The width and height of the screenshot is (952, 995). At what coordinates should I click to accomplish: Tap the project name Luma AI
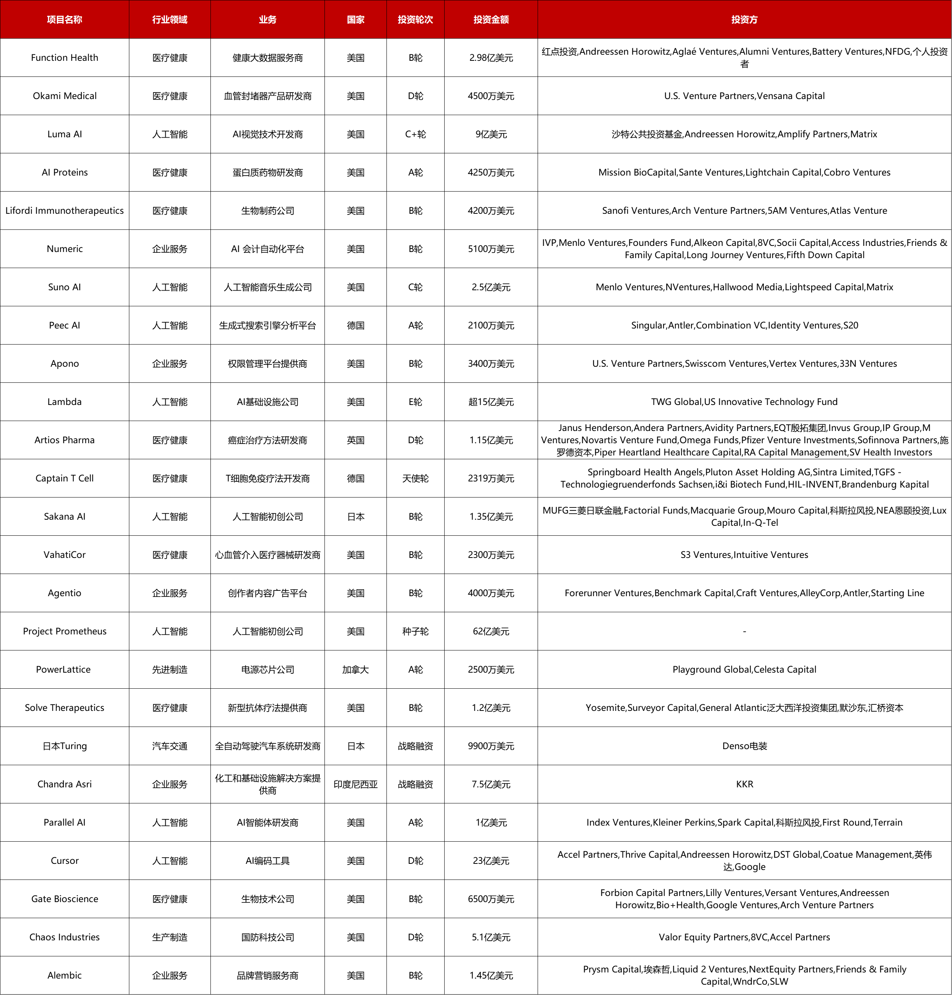click(x=64, y=134)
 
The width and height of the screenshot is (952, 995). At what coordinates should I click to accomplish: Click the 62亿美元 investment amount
click(x=491, y=631)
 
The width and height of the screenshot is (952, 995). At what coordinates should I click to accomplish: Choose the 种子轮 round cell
click(x=415, y=631)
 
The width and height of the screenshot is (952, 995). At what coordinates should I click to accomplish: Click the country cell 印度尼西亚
click(x=355, y=784)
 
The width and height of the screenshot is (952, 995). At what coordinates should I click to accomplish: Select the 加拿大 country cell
click(x=355, y=670)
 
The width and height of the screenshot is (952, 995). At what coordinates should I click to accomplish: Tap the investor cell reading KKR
click(x=744, y=784)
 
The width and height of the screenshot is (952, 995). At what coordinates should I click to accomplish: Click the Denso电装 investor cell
click(x=744, y=746)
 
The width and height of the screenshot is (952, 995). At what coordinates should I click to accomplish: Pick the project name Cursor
click(x=64, y=861)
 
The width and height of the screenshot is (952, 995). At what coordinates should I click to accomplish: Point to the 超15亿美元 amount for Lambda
click(x=491, y=402)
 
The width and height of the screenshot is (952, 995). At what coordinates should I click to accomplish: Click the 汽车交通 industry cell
click(x=170, y=746)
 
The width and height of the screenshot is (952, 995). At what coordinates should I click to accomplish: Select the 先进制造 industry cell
click(x=170, y=670)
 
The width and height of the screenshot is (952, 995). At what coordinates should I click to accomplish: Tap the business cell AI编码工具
click(x=267, y=861)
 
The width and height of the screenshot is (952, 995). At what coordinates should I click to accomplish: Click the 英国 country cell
click(x=355, y=440)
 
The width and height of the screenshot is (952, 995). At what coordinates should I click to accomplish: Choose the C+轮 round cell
click(x=415, y=134)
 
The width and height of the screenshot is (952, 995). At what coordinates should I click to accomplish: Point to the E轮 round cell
click(x=415, y=402)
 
